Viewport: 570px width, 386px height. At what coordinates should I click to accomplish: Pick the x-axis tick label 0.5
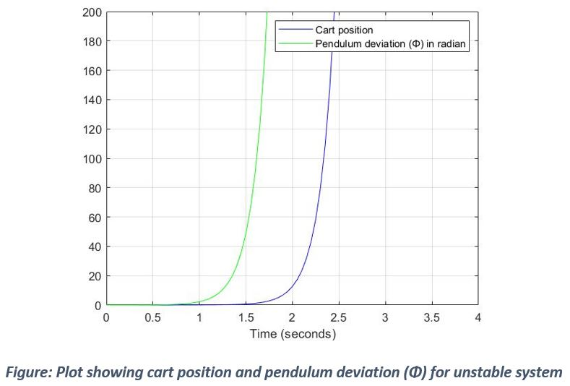[153, 318]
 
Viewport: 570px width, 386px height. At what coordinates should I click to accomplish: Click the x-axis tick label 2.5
[339, 318]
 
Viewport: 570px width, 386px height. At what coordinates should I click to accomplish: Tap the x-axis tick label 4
[478, 318]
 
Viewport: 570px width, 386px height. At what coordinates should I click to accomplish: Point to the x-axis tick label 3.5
[431, 318]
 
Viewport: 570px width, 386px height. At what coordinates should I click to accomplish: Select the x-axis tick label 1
[199, 318]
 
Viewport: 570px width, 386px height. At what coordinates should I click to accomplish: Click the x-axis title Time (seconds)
[293, 334]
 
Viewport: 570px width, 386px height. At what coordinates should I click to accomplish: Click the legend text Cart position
[344, 30]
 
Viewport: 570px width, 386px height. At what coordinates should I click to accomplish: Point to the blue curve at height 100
[324, 159]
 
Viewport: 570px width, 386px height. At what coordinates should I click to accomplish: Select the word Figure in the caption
[27, 373]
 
